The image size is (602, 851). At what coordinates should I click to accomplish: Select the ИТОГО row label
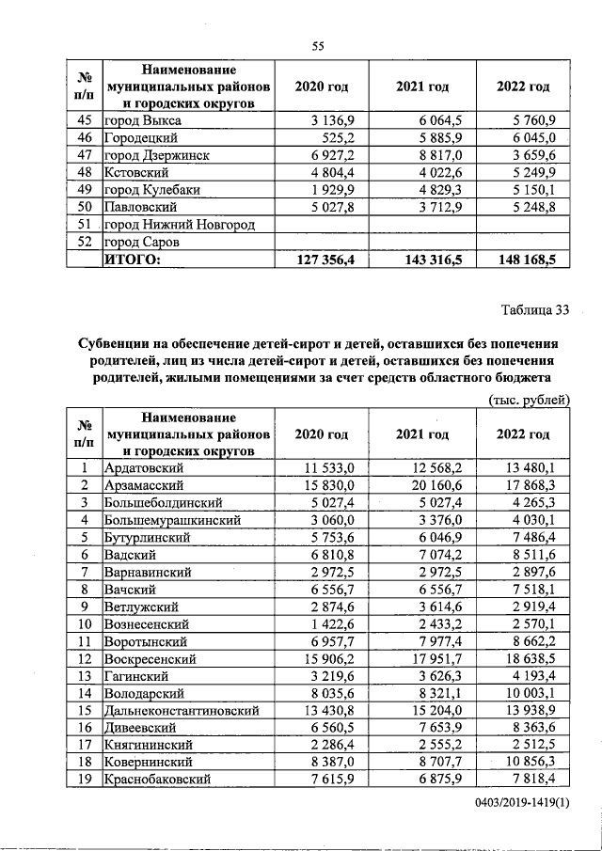tap(132, 259)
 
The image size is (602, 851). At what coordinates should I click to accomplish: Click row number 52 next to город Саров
tap(83, 241)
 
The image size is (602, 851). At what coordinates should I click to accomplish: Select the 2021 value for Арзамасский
tap(439, 485)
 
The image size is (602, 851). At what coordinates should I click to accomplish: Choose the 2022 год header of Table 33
tap(522, 434)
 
